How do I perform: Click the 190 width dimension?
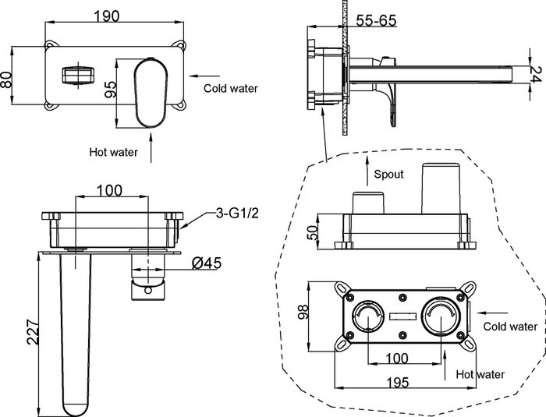click(x=113, y=15)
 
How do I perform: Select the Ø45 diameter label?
click(x=207, y=263)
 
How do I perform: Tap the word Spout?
click(x=387, y=174)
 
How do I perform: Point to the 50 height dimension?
click(x=311, y=231)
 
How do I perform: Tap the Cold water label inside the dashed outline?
click(x=509, y=326)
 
